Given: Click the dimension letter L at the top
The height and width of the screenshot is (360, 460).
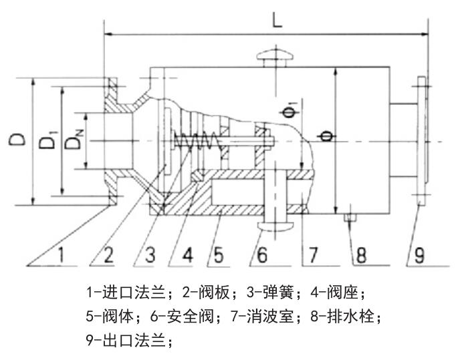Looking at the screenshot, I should (277, 19).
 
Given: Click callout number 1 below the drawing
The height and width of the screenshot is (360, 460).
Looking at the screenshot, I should (61, 254).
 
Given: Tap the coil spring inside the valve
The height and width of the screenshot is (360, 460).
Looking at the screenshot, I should (195, 142).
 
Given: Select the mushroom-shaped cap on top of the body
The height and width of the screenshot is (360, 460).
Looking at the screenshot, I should (276, 58).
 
